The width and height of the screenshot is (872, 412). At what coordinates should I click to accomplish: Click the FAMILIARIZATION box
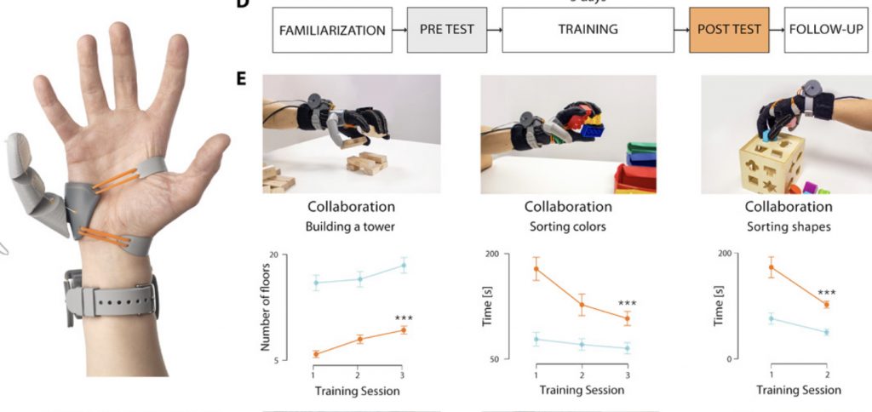coord(329,31)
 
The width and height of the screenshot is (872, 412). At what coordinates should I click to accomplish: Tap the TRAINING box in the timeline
coord(588,31)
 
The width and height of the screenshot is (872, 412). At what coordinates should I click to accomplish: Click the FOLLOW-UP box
coord(823,31)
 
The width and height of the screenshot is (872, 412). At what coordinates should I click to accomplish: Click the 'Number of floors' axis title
coord(265,308)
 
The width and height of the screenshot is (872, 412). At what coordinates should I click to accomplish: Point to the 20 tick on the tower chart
coord(297,255)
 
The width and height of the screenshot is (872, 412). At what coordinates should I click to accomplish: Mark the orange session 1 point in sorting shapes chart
coord(771,267)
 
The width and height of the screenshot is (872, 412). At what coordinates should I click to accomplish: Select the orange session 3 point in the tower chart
coord(403,330)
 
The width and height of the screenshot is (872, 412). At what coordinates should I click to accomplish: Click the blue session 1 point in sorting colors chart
coord(536,339)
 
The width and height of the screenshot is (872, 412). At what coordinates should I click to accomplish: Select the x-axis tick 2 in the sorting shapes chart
coord(826,375)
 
